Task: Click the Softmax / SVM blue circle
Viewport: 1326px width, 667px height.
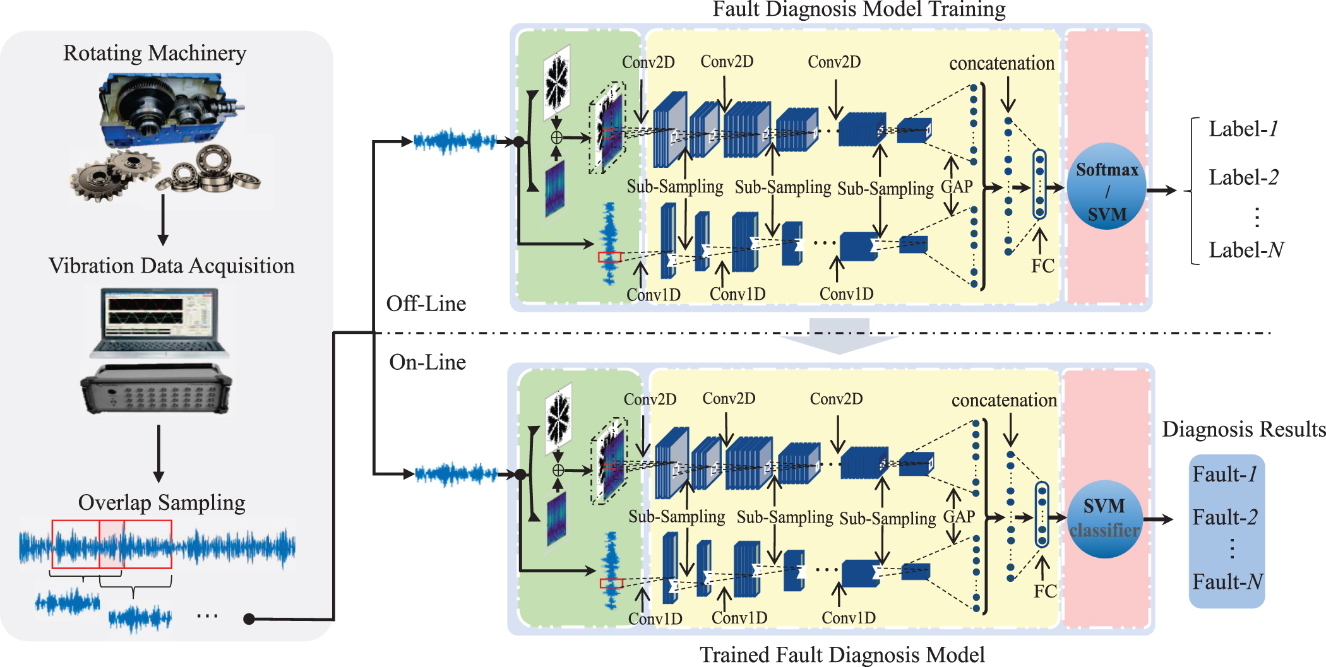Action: coord(1106,186)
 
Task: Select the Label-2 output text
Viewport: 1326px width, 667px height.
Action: coord(1243,178)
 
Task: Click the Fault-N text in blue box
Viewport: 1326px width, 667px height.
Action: coord(1227,581)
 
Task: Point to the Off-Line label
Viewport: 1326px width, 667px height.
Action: coord(426,304)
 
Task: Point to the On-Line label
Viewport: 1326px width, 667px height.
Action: coord(427,363)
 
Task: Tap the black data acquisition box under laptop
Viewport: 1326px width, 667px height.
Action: coord(157,390)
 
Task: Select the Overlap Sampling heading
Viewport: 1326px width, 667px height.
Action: coord(162,503)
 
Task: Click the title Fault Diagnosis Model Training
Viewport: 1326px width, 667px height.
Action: coord(859,9)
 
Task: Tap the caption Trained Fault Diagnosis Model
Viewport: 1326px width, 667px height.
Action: coord(842,655)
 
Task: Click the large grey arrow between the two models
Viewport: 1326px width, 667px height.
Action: coord(839,337)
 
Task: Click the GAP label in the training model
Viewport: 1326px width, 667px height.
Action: coord(957,187)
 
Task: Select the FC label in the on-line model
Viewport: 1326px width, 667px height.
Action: coord(1045,591)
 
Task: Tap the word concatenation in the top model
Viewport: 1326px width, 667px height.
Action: coord(1001,64)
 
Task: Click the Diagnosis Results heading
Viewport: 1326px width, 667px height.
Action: coord(1243,430)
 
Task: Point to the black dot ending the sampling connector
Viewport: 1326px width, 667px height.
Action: coord(249,619)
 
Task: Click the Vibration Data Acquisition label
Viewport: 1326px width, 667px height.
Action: coord(172,266)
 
